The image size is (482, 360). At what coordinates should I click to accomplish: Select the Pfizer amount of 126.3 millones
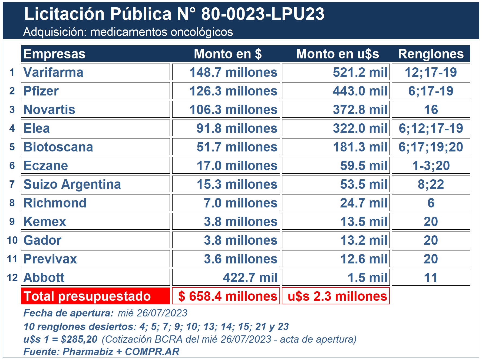(233, 91)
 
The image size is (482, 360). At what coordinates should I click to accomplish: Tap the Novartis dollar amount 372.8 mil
(360, 110)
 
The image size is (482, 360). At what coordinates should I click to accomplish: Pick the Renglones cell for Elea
(431, 128)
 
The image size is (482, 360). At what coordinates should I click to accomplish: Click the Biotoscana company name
(58, 147)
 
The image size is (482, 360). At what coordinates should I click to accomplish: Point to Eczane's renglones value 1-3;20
(431, 166)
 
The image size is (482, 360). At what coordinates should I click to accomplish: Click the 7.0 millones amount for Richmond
(240, 203)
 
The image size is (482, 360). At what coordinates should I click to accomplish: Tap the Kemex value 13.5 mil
(364, 222)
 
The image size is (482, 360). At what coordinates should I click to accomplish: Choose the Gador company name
(42, 240)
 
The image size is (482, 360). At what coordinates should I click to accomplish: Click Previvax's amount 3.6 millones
(240, 259)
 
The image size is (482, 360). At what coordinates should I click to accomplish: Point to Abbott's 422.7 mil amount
(250, 278)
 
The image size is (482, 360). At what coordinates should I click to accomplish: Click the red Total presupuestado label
(87, 296)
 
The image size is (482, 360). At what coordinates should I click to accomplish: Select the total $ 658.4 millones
(227, 296)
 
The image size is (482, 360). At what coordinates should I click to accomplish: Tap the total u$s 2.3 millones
(337, 296)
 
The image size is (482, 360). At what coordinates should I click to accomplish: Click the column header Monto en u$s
(337, 54)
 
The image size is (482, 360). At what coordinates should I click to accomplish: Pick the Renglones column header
(431, 54)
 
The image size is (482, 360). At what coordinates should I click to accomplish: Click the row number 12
(12, 278)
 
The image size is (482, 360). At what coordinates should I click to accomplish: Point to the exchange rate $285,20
(79, 339)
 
